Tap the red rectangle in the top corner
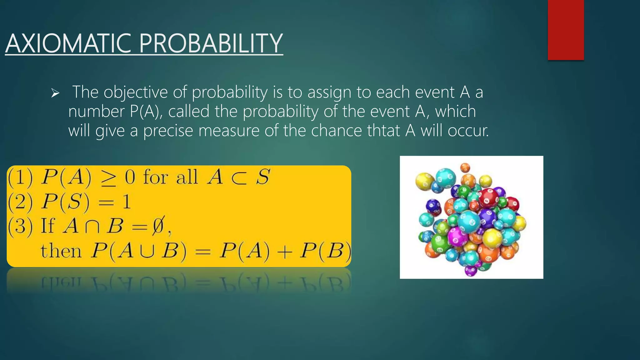tap(566, 30)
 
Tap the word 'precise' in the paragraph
tap(168, 131)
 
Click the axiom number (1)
tap(20, 177)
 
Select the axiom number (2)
tap(20, 202)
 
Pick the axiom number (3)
tap(20, 226)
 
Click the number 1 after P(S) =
tap(126, 202)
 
